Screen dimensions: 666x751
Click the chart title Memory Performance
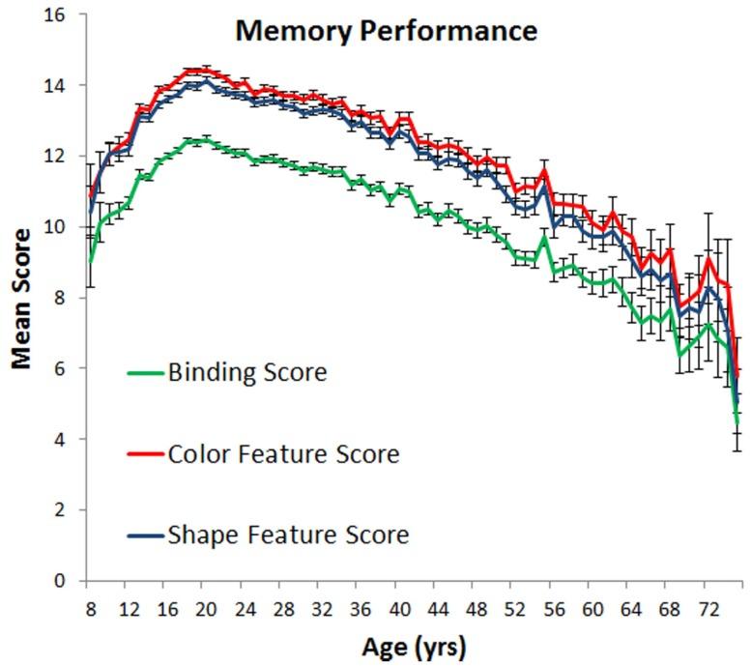(x=386, y=30)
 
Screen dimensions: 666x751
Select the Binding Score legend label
(x=246, y=372)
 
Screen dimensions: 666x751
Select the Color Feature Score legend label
(x=282, y=453)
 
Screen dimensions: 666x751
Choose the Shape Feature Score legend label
(x=288, y=535)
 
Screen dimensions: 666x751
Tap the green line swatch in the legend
(x=145, y=372)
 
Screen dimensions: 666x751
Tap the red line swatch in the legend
(x=145, y=453)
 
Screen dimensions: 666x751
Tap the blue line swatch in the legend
(x=145, y=535)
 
